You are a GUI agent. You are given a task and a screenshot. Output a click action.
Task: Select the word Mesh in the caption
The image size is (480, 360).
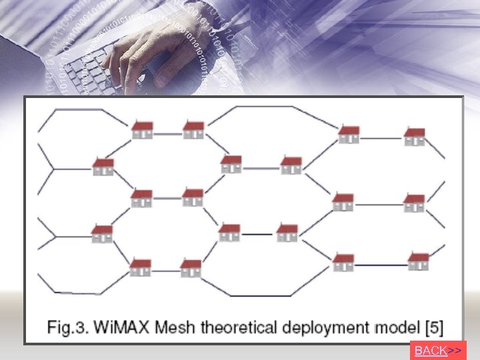point(183,328)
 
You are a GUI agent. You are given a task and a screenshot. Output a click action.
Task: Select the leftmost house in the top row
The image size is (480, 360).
point(142,130)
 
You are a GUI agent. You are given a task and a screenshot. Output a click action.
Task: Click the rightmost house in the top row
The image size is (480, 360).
point(414,137)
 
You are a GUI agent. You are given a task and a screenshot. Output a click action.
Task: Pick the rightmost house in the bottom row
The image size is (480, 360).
point(418,262)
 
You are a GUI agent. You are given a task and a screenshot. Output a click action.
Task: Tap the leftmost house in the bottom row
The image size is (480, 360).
point(140,267)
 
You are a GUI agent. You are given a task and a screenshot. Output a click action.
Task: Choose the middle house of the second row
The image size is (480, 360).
point(231,164)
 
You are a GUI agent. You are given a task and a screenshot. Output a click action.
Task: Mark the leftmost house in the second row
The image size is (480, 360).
point(103,167)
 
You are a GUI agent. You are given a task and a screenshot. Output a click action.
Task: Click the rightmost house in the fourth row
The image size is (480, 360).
point(287,233)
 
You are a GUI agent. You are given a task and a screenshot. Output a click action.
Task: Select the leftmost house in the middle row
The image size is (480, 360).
point(141,198)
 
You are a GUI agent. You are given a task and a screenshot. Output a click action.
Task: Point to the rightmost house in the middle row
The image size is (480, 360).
point(413,203)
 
